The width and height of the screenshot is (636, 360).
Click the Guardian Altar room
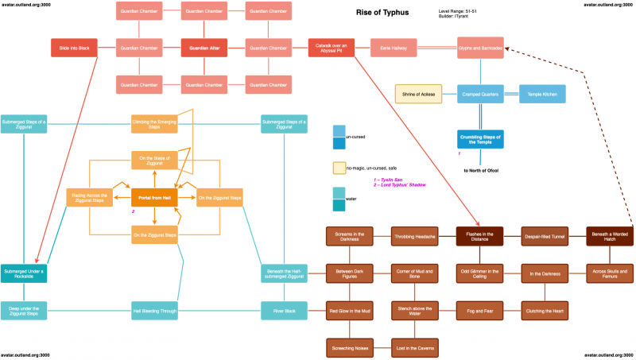(x=204, y=48)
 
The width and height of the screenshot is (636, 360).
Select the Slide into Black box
(x=74, y=48)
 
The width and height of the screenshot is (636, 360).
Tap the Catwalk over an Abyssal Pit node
(x=332, y=48)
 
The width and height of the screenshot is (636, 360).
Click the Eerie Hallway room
(x=394, y=48)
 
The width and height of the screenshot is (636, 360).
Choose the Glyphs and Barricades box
(x=480, y=48)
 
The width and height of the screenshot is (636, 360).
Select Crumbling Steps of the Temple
(x=480, y=139)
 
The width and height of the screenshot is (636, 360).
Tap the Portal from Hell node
(x=153, y=197)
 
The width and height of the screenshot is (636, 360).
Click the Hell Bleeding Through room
(x=154, y=311)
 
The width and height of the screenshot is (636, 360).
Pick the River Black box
(x=284, y=311)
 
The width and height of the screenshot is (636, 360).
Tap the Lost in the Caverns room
(x=414, y=347)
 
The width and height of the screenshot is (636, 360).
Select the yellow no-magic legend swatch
(x=339, y=168)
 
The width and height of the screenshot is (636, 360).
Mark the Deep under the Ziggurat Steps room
(x=24, y=311)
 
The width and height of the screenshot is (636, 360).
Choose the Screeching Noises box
(x=349, y=347)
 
